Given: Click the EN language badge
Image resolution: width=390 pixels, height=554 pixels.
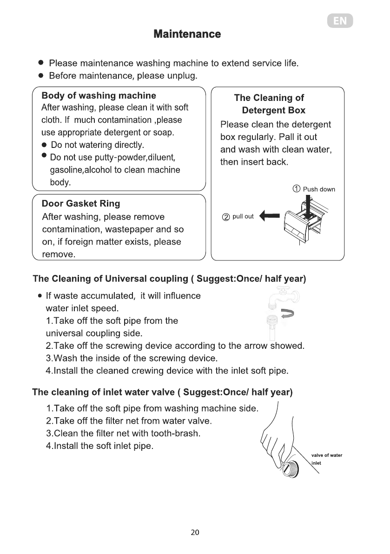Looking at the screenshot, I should coord(339,21).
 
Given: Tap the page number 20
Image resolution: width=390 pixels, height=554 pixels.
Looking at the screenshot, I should coord(195,533).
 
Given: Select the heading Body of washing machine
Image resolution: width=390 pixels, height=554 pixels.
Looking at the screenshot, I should coord(99,96).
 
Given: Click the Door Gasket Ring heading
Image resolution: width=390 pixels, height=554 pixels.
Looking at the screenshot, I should coord(80,203).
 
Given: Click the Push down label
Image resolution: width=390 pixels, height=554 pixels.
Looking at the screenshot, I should coord(319,189).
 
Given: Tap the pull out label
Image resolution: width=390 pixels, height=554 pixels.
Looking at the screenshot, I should coord(243,216).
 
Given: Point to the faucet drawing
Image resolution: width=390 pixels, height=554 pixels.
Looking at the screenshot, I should coord(282,297).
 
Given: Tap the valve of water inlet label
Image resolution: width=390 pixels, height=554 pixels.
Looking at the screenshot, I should coord(326,459).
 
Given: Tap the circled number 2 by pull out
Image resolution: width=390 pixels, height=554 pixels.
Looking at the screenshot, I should coord(226,217).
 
